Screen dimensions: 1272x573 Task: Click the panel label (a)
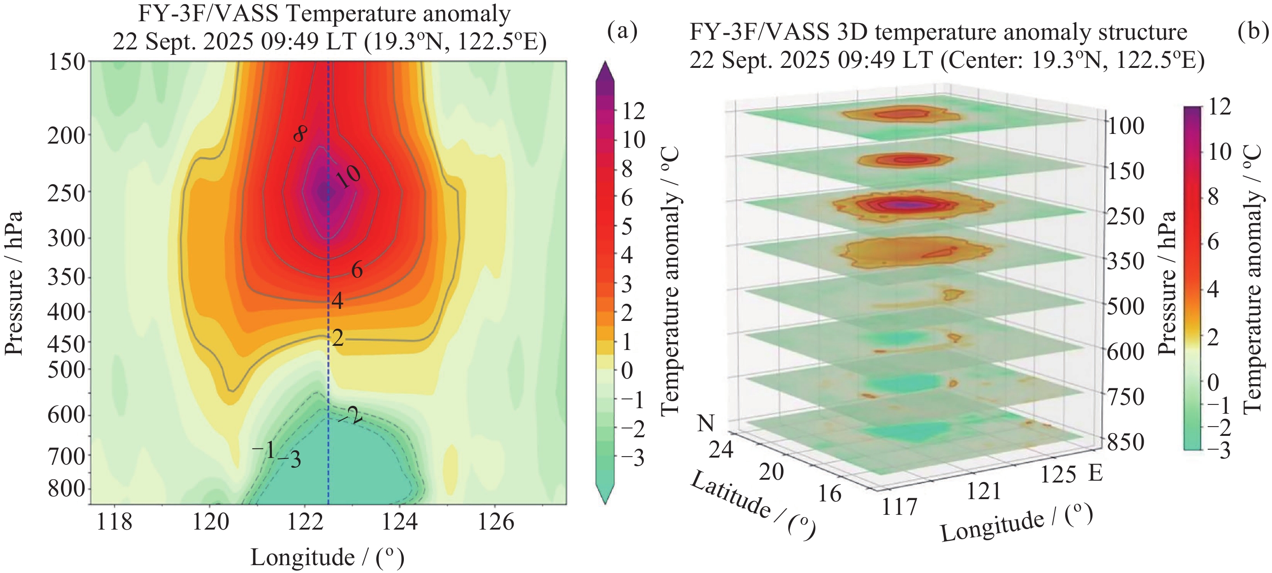coord(622,31)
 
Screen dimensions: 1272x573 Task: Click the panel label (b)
coord(1254,31)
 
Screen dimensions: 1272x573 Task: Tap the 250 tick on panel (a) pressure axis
coord(66,193)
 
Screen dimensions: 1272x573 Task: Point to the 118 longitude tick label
coord(114,522)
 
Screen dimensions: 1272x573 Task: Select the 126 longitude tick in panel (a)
coord(496,522)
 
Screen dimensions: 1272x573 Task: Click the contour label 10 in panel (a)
coord(348,176)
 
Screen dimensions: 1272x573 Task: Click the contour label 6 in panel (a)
coord(356,270)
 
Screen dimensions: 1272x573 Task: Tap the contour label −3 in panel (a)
coord(289,460)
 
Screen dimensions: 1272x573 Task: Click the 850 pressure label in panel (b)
coord(1125,442)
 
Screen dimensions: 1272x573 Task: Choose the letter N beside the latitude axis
coord(706,423)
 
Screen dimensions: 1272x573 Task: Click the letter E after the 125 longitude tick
coord(1096,473)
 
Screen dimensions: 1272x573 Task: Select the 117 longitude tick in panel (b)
coord(900,507)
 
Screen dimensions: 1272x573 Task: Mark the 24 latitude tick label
coord(721,450)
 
